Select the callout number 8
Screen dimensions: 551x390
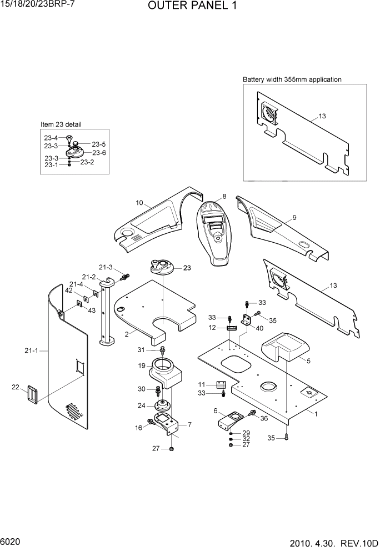pyautogui.click(x=224, y=196)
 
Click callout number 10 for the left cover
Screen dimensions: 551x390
pyautogui.click(x=139, y=203)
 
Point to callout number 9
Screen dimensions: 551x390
pyautogui.click(x=294, y=217)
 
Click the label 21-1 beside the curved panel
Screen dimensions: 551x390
pyautogui.click(x=31, y=350)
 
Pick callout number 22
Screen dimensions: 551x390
pyautogui.click(x=16, y=387)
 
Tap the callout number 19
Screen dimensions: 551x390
pyautogui.click(x=142, y=365)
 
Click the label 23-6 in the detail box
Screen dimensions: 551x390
pyautogui.click(x=99, y=153)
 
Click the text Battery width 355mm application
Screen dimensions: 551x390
pyautogui.click(x=292, y=79)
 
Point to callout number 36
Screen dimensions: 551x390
pyautogui.click(x=263, y=418)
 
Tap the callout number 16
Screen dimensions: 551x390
pyautogui.click(x=138, y=428)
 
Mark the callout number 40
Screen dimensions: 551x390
pyautogui.click(x=259, y=328)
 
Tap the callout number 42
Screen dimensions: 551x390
pyautogui.click(x=68, y=290)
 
